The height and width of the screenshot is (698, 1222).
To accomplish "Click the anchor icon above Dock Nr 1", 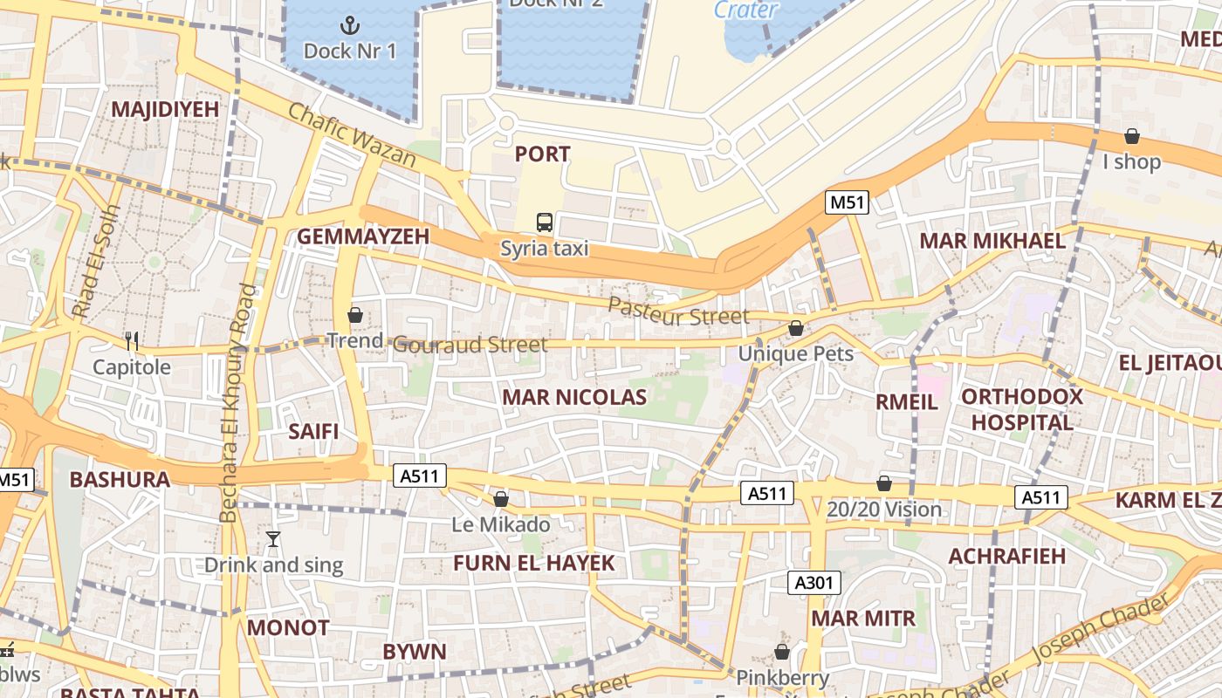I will [x=349, y=24].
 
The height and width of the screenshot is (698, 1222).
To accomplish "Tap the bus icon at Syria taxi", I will [x=545, y=222].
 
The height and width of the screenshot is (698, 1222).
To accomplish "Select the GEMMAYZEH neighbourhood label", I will [x=363, y=236].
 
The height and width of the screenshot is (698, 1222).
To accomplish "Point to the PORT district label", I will [x=542, y=154].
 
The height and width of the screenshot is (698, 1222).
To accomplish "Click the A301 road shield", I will [x=814, y=583].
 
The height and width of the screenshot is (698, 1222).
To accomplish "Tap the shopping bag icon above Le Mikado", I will [x=501, y=499].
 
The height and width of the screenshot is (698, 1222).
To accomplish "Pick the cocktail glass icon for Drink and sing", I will [x=273, y=539].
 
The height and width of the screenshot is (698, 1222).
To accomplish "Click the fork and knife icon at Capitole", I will [x=132, y=340].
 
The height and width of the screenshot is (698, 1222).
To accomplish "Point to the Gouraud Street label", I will [x=470, y=345].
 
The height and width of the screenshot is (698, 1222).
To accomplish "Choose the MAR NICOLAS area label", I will [x=574, y=398].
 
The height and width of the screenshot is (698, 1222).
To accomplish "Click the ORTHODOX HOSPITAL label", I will [x=1021, y=409].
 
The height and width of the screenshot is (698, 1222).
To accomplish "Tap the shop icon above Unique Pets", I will [x=795, y=329].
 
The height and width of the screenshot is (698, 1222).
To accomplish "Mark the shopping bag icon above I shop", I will [x=1131, y=136].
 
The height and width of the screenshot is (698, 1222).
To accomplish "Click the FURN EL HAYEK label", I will [x=533, y=563].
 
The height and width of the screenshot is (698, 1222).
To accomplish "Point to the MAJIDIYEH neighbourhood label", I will [x=165, y=109].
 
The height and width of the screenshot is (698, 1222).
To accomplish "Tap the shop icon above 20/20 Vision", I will [x=884, y=483].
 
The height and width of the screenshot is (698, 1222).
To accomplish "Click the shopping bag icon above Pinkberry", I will [x=782, y=652].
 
